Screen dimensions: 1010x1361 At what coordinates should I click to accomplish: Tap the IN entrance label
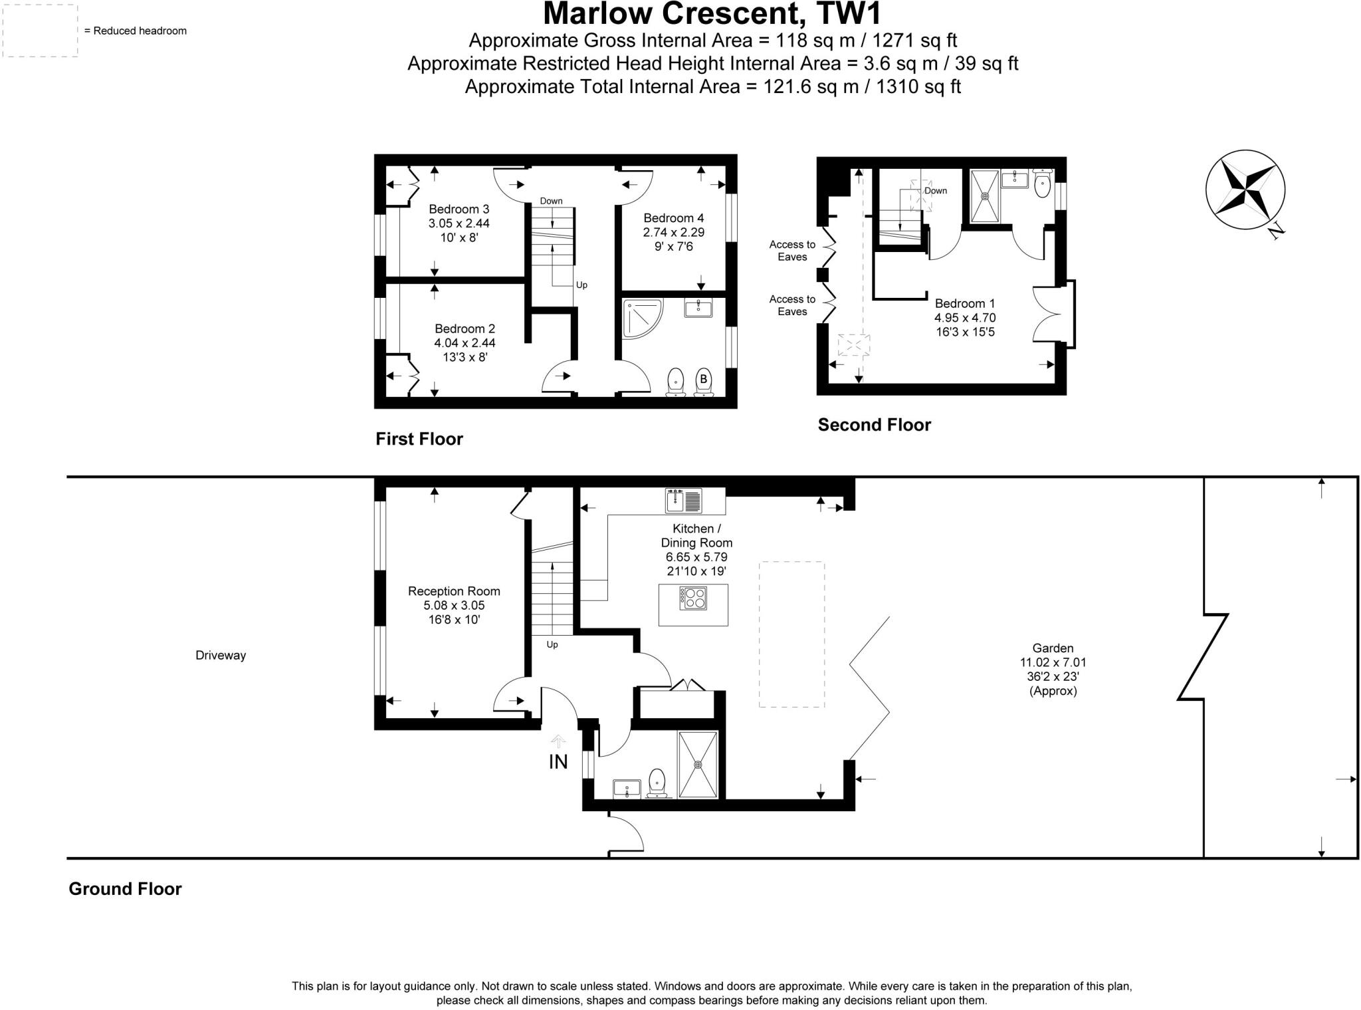[x=558, y=762]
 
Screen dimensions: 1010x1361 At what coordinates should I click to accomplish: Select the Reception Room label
[x=454, y=591]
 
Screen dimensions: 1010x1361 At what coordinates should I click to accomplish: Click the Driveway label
[x=221, y=656]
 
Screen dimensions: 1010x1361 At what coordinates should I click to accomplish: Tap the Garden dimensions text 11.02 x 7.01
[x=1053, y=662]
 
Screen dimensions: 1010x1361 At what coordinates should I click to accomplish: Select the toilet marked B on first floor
[x=703, y=381]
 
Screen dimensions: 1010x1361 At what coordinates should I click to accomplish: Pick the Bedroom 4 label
[x=673, y=218]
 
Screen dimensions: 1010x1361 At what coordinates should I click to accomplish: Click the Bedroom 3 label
[x=459, y=209]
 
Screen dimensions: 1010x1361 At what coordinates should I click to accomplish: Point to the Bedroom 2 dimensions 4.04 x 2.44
[x=465, y=343]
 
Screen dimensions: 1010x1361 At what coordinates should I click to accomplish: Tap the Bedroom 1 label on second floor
[x=965, y=304]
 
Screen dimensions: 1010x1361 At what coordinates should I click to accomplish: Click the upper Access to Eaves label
[x=792, y=251]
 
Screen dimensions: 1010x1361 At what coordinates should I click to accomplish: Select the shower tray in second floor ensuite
[x=985, y=195]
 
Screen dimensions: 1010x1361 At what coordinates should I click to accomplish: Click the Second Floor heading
[x=874, y=425]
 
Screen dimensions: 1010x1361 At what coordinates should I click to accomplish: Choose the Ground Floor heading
[x=125, y=889]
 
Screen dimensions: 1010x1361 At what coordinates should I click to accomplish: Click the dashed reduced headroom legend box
[x=40, y=31]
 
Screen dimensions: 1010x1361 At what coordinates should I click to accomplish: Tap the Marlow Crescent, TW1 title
[x=712, y=13]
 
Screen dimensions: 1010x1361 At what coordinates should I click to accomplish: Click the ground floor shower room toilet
[x=657, y=781]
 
